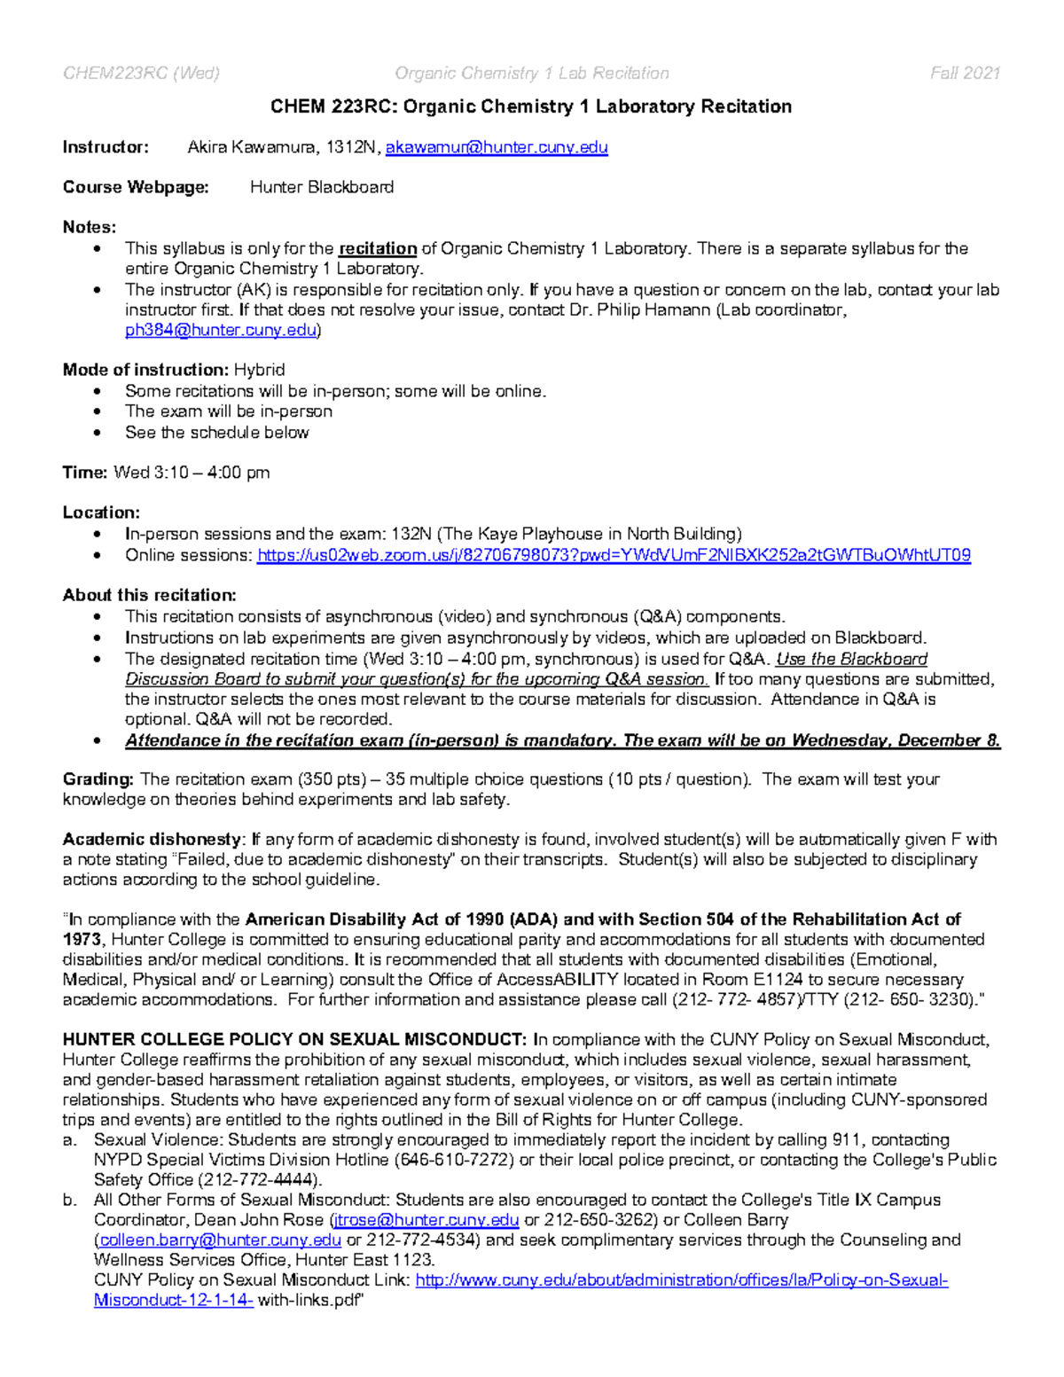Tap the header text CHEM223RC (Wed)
click(141, 73)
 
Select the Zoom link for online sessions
click(614, 555)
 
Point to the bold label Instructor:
click(106, 147)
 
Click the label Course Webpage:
click(136, 187)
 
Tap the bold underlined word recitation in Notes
click(378, 248)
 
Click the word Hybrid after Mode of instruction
click(259, 370)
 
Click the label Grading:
click(98, 779)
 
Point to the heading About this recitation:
click(149, 595)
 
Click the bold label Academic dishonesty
click(152, 839)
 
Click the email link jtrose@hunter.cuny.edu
click(425, 1220)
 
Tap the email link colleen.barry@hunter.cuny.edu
click(219, 1240)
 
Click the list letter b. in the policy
click(69, 1200)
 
